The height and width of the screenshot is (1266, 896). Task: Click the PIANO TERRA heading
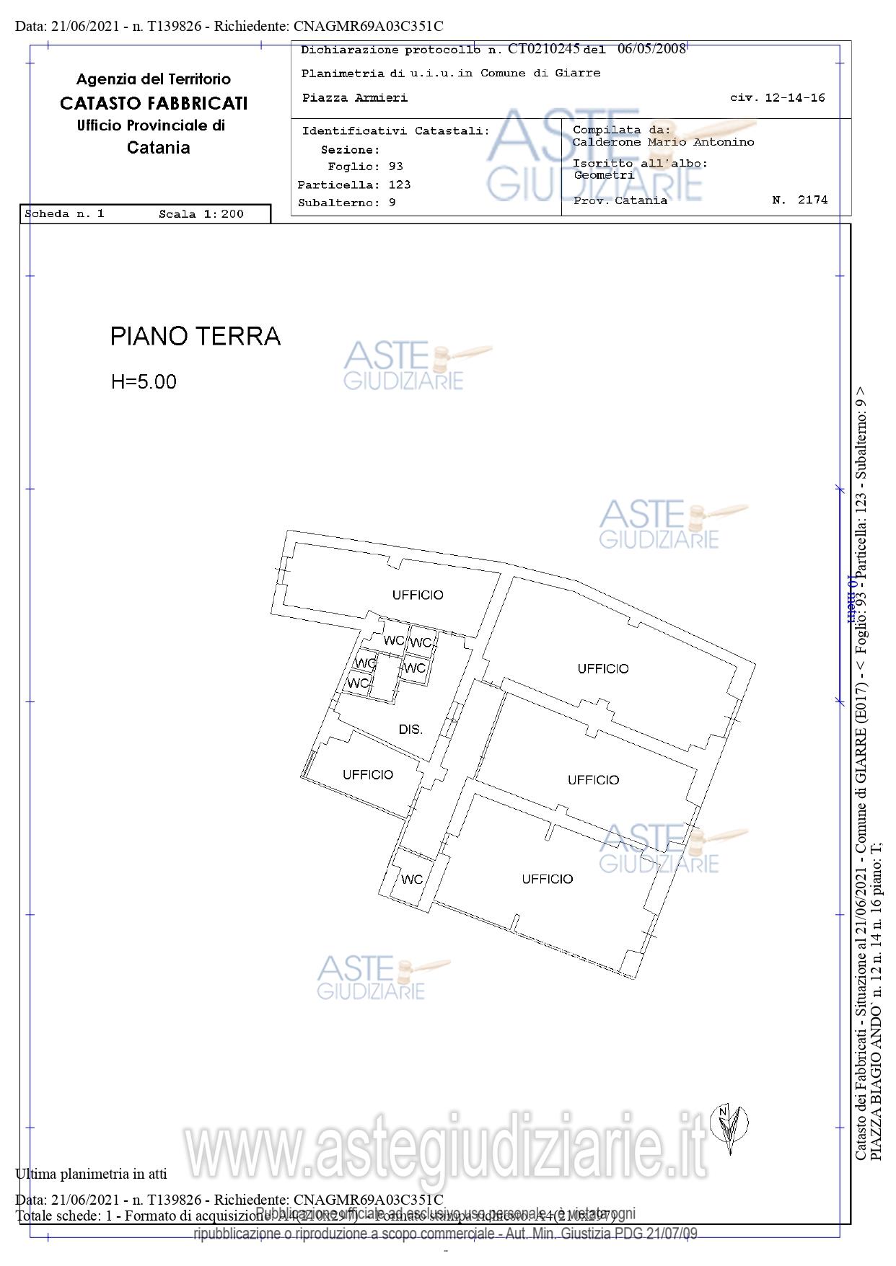click(x=195, y=337)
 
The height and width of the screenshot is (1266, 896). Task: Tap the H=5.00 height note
click(x=144, y=381)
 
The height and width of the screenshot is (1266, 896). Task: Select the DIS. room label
click(x=410, y=730)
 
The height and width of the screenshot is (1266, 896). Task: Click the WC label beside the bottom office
click(x=412, y=880)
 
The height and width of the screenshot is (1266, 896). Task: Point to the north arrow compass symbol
click(x=729, y=1124)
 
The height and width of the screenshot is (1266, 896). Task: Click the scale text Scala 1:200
click(x=201, y=214)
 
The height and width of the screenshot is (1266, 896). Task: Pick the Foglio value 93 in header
click(x=395, y=167)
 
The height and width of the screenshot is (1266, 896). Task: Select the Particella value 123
click(x=399, y=185)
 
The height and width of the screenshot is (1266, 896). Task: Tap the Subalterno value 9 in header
click(x=392, y=203)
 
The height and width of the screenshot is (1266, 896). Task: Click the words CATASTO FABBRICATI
click(x=154, y=103)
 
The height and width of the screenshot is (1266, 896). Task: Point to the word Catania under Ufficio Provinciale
click(x=158, y=148)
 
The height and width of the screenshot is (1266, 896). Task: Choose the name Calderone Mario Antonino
click(x=663, y=142)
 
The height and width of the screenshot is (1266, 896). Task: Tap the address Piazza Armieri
click(x=354, y=97)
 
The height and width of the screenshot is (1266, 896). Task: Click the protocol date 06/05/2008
click(x=651, y=49)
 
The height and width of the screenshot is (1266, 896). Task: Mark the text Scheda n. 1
click(x=64, y=214)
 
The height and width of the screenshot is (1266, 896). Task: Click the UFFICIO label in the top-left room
click(x=418, y=595)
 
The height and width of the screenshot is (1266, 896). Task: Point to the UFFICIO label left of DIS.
click(x=368, y=774)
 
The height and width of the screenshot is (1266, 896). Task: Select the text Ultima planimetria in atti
click(x=91, y=1174)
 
